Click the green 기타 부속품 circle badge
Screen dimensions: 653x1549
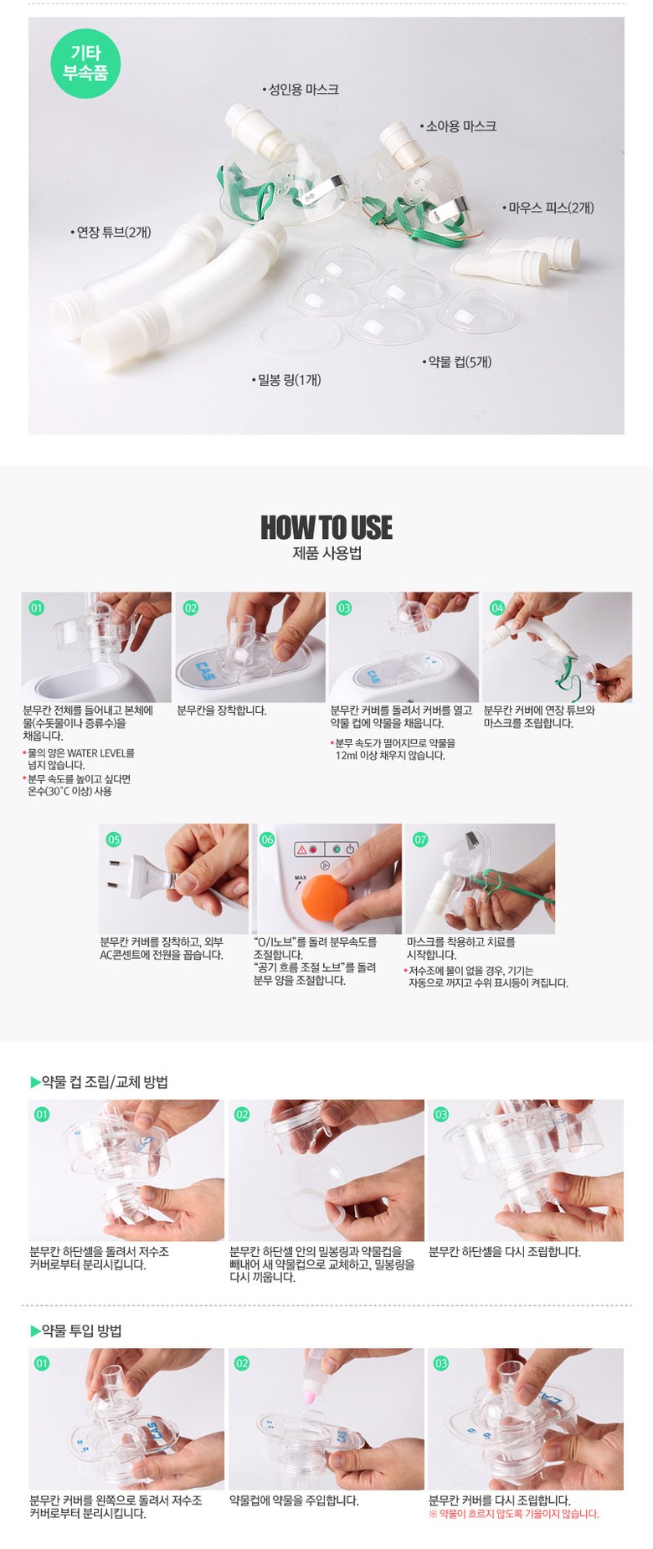click(x=85, y=63)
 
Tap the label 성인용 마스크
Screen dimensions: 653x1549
click(x=301, y=90)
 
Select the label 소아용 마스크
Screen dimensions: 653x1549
click(x=458, y=126)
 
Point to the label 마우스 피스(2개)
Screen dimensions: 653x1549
click(x=548, y=208)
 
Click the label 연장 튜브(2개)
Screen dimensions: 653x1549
click(x=111, y=232)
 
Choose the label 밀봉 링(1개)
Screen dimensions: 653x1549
click(x=286, y=380)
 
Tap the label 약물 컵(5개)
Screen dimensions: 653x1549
click(x=457, y=362)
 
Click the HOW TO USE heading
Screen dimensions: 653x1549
click(x=326, y=527)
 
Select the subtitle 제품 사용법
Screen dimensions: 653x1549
click(x=326, y=553)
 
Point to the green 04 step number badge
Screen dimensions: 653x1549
click(x=497, y=608)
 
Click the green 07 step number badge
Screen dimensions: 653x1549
click(x=420, y=839)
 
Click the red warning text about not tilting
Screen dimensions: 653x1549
click(x=514, y=1513)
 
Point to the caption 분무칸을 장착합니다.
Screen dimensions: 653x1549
click(x=222, y=710)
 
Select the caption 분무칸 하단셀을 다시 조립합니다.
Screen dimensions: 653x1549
click(x=505, y=1252)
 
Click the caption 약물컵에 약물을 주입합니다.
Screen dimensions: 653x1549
click(x=294, y=1500)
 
